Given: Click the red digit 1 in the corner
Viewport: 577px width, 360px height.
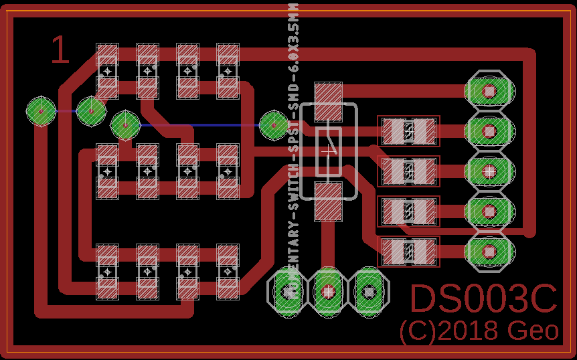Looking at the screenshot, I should click(x=60, y=51).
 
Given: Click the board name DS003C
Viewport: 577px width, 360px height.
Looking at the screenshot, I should click(x=483, y=299).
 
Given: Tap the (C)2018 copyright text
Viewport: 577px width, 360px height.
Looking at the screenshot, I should click(x=450, y=331).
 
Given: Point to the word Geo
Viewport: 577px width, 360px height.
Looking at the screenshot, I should click(x=533, y=331).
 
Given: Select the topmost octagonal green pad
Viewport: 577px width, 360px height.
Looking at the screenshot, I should click(x=489, y=90).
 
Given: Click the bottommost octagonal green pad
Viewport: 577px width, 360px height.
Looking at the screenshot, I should click(x=489, y=251).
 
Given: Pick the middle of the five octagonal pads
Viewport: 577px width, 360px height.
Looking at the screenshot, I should click(x=489, y=171).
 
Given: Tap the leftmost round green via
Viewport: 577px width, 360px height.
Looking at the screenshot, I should click(x=41, y=111).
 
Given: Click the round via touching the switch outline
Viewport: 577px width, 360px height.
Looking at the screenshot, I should click(x=274, y=124).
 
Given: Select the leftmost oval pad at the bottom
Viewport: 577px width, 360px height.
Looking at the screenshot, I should click(x=288, y=291).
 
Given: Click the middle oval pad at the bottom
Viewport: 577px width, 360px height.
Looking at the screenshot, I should click(x=328, y=291).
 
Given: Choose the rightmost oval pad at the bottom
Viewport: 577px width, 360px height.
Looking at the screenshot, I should click(x=368, y=291).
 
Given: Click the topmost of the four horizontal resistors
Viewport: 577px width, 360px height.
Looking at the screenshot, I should click(x=408, y=131).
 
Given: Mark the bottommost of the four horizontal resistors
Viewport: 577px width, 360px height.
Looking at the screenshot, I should click(x=408, y=252).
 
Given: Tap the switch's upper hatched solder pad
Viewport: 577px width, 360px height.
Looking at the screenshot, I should click(x=328, y=102).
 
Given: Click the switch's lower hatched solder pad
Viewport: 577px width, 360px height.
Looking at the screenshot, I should click(x=328, y=201).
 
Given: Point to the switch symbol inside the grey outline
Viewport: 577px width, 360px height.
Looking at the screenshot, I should click(x=329, y=151).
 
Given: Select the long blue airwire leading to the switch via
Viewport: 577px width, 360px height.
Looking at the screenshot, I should click(x=201, y=125).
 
